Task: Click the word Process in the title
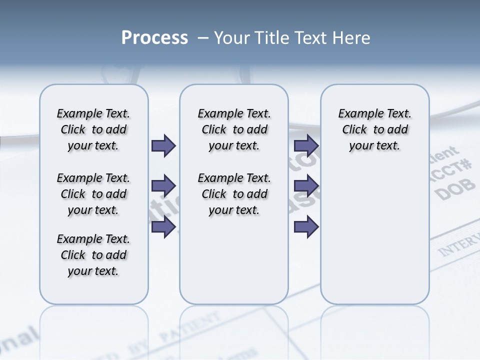tap(154, 38)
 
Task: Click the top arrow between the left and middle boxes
tap(163, 145)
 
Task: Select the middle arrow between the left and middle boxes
tap(163, 186)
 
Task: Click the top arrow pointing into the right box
tap(306, 145)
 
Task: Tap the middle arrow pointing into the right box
tap(306, 186)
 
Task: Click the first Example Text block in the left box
tap(93, 129)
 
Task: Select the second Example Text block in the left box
tap(93, 194)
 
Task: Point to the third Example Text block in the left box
tap(93, 255)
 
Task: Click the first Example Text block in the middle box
tap(234, 129)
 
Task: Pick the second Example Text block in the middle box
tap(234, 194)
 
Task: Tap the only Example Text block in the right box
tap(374, 129)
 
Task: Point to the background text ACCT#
tap(452, 168)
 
